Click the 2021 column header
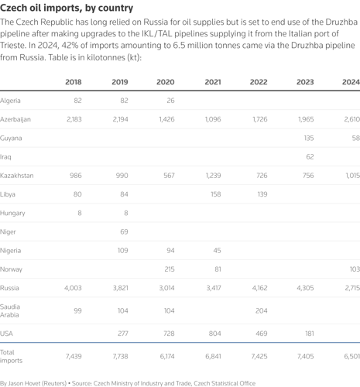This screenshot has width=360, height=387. [x=213, y=82]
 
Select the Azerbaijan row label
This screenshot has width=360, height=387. [x=15, y=119]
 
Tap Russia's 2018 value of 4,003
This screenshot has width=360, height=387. [x=73, y=288]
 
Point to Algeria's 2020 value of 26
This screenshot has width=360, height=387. [x=170, y=101]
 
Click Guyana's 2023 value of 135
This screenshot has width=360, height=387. [x=309, y=138]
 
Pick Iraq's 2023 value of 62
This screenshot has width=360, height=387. [x=310, y=157]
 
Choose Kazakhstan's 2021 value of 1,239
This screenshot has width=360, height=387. [x=213, y=176]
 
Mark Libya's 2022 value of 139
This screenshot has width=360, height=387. [x=262, y=194]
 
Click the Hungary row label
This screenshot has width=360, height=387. [x=12, y=214]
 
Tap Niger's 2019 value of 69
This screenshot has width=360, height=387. [x=124, y=231]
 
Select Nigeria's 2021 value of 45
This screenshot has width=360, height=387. [x=217, y=251]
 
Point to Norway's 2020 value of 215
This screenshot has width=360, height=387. [x=170, y=269]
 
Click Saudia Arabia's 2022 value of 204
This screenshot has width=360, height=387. [x=262, y=310]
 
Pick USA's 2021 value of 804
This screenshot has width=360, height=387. [x=215, y=334]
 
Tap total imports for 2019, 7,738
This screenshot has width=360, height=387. [x=120, y=356]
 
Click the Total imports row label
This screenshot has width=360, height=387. [x=11, y=356]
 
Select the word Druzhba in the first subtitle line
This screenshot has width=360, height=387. [x=341, y=22]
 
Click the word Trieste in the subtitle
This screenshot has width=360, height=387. [x=13, y=46]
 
